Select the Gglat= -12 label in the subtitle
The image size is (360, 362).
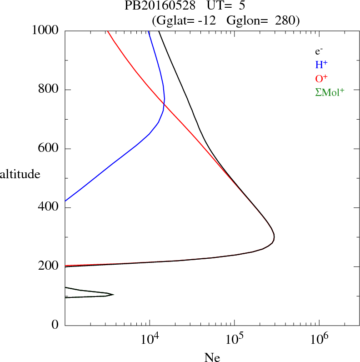tap(187, 20)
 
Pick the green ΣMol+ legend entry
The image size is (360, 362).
tap(330, 92)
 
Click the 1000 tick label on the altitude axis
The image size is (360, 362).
tap(45, 30)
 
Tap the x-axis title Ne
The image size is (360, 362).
tap(212, 357)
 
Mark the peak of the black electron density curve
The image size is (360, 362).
tap(274, 236)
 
